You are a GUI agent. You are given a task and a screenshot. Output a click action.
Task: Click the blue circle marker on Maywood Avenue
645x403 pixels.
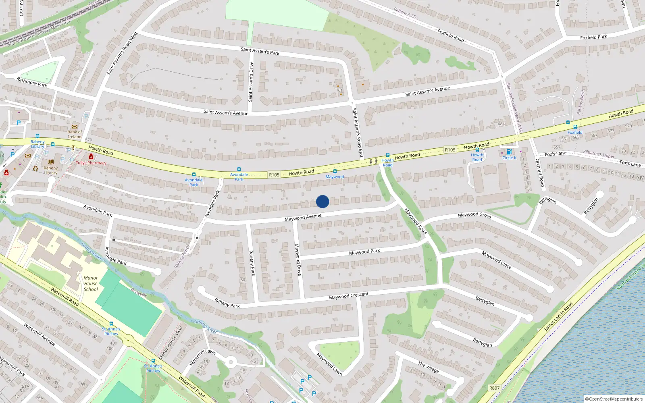coord(322,201)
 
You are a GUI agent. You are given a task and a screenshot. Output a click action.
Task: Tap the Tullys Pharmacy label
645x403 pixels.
coord(91,163)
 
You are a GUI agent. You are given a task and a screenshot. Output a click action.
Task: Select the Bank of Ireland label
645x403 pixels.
coord(75,134)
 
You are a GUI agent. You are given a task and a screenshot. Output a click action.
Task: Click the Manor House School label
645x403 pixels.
coord(91,283)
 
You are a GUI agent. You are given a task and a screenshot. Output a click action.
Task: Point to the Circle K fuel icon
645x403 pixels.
coord(509,152)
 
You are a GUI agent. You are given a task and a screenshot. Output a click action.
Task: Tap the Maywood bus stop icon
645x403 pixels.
coord(335,171)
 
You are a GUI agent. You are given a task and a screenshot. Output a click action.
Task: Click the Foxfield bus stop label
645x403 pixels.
coord(575,132)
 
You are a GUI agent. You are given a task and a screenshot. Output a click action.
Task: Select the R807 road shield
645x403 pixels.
coord(494,388)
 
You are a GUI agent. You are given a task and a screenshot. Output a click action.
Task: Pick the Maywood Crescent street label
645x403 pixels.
coord(349,296)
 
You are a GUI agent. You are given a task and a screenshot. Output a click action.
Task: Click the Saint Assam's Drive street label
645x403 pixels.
coord(251,81)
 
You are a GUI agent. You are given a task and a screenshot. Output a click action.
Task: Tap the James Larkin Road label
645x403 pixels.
coord(558,317)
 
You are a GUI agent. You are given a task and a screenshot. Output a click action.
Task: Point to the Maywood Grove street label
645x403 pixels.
coord(474,215)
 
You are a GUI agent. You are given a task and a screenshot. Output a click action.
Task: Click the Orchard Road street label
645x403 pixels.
coord(540,172)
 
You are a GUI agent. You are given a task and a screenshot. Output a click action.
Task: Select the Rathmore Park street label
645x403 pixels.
coord(32,82)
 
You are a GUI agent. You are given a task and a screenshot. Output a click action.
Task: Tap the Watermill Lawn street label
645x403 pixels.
coord(202,357)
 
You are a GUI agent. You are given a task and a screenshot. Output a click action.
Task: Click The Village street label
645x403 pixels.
coord(428,367)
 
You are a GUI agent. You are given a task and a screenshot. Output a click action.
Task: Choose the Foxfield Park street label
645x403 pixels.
coord(593,37)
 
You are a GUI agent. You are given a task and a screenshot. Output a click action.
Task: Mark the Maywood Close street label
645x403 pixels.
coord(497,260)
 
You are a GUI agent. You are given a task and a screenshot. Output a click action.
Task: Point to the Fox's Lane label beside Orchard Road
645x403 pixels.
coord(555,154)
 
